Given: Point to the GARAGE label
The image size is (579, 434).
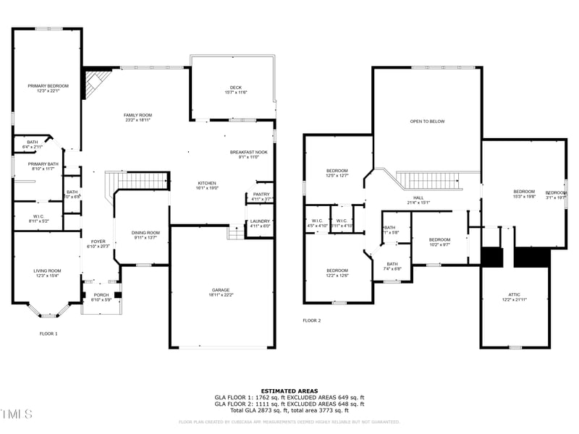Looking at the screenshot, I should pyautogui.click(x=222, y=290).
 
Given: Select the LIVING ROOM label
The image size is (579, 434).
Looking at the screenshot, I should pyautogui.click(x=47, y=271).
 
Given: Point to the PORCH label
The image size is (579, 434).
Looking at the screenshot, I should pyautogui.click(x=101, y=294).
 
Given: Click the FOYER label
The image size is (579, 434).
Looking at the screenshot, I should pyautogui.click(x=98, y=242).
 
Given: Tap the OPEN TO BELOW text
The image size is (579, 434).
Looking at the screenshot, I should pyautogui.click(x=427, y=122).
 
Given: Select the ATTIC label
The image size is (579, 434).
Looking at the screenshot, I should pyautogui.click(x=514, y=294).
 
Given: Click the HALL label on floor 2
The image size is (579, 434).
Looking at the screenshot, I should pyautogui.click(x=418, y=197).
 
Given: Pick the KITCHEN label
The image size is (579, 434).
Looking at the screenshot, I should pyautogui.click(x=207, y=184).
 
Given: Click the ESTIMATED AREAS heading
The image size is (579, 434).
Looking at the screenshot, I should pyautogui.click(x=289, y=391).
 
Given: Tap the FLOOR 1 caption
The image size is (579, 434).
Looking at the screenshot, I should pyautogui.click(x=48, y=333).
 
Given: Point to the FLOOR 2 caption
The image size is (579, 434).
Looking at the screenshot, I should pyautogui.click(x=311, y=320).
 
